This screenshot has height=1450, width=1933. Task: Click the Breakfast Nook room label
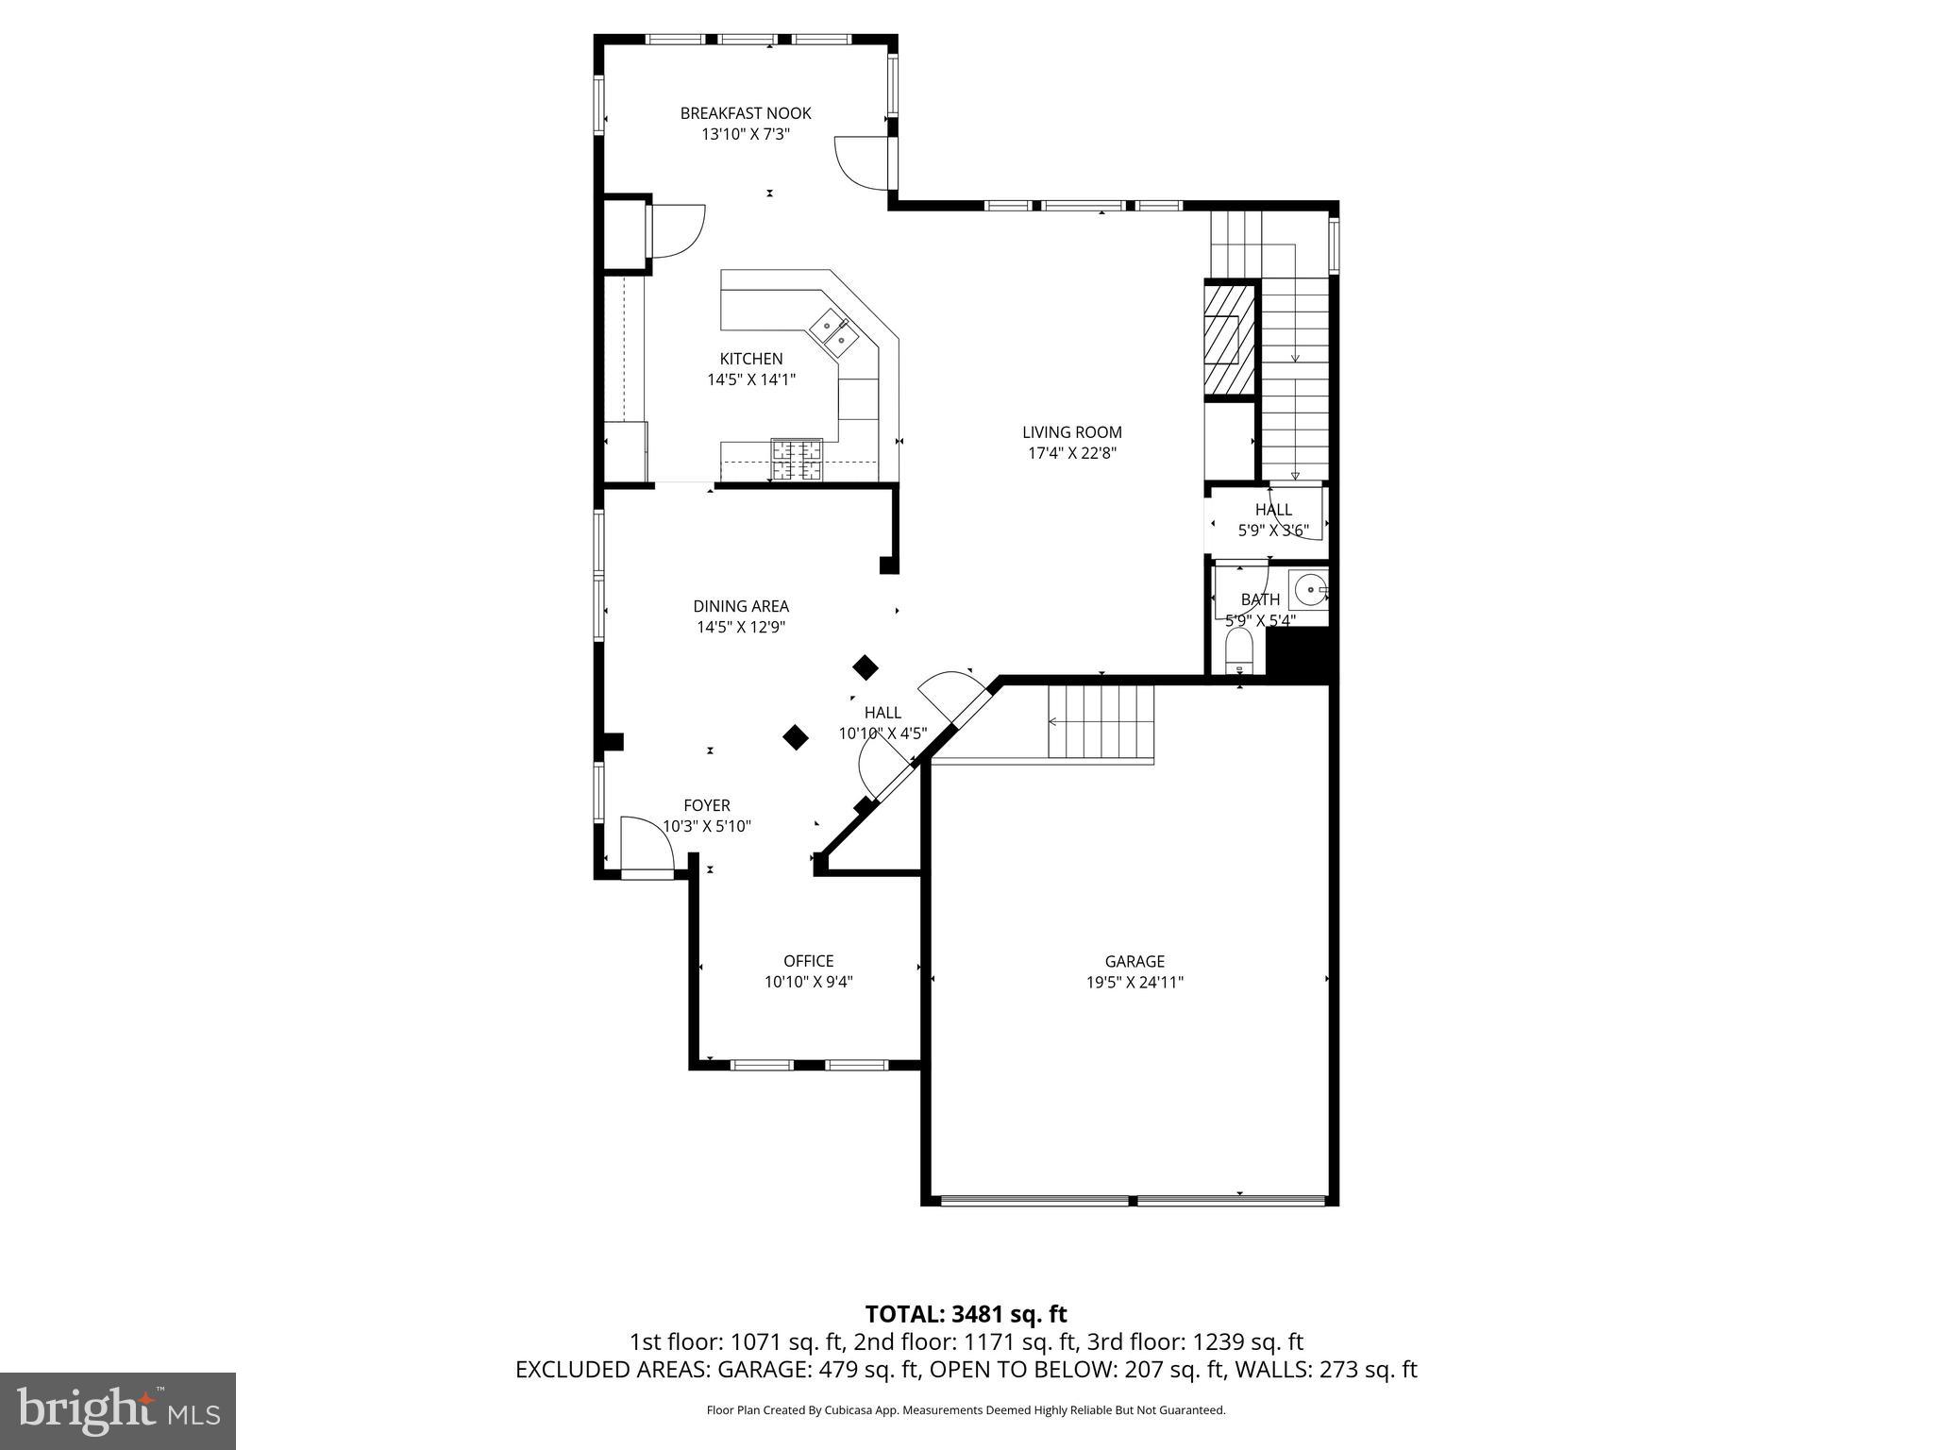click(x=745, y=113)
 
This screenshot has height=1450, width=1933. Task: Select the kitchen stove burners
click(x=797, y=460)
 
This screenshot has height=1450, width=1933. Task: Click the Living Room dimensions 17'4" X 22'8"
click(x=1072, y=453)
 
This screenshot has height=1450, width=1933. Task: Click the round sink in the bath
click(x=1309, y=590)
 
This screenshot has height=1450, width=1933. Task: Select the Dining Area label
click(x=740, y=606)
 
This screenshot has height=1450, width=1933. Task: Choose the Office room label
click(x=808, y=961)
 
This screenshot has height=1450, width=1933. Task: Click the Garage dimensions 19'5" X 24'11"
click(x=1135, y=982)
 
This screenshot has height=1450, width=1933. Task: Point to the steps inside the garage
click(x=1101, y=722)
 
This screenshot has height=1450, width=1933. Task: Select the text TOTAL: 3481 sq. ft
click(x=966, y=1314)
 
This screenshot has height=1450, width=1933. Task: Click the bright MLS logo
click(x=118, y=1410)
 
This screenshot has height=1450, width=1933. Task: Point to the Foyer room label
click(x=706, y=805)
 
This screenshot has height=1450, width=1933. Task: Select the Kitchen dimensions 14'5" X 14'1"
click(x=751, y=379)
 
